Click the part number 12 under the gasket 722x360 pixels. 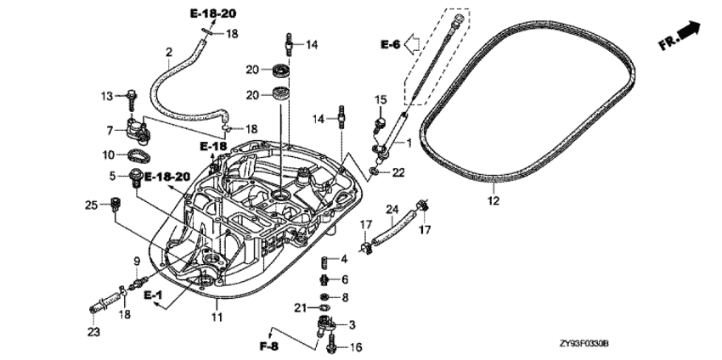[x=494, y=201]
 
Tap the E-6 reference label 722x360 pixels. [x=390, y=44]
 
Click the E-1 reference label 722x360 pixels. [x=152, y=294]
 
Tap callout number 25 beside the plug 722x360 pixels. [x=92, y=205]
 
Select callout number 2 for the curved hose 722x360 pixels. [x=169, y=52]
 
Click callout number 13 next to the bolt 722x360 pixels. [x=108, y=96]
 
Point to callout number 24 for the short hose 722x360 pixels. [x=392, y=209]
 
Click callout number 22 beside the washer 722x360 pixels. [x=398, y=172]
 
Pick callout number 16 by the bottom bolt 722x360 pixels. [x=355, y=346]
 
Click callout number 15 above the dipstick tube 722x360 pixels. [x=381, y=99]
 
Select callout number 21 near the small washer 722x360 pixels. [x=300, y=307]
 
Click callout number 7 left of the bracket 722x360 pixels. [x=110, y=129]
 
